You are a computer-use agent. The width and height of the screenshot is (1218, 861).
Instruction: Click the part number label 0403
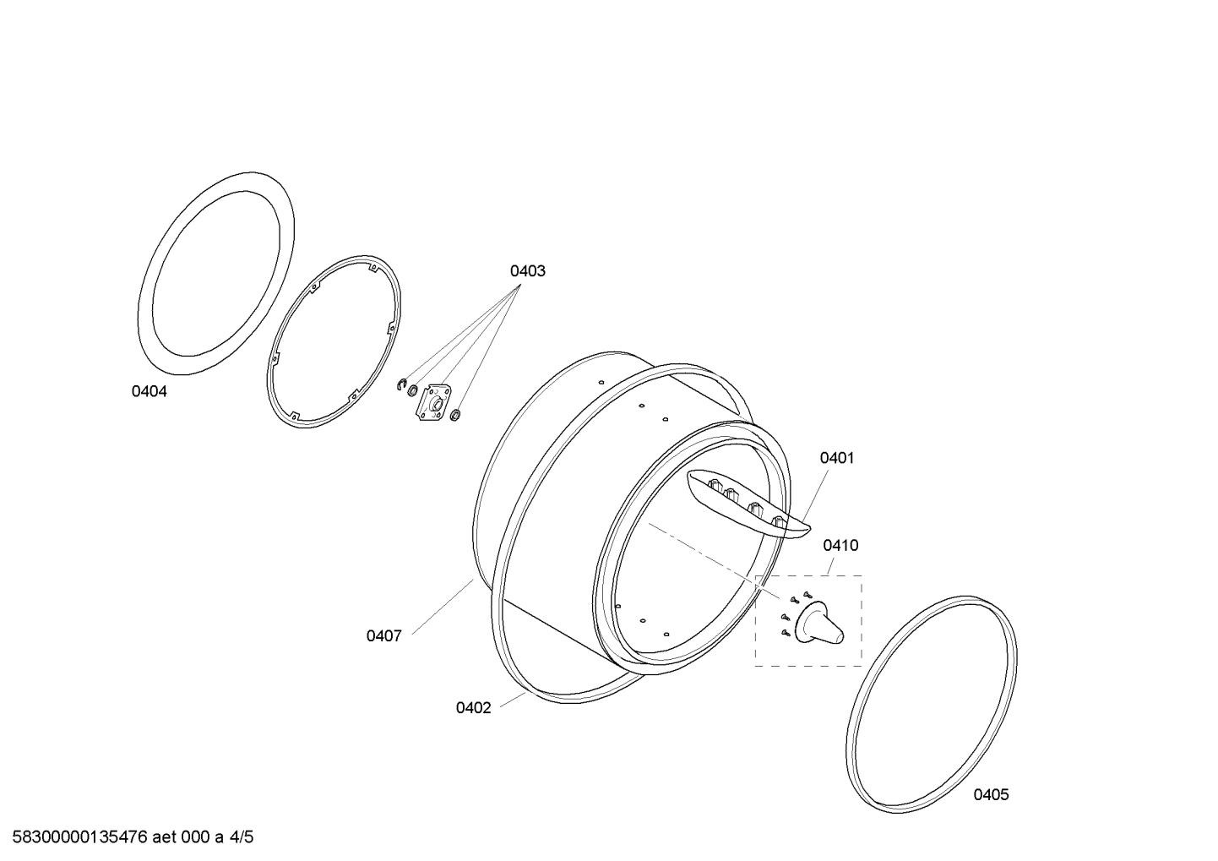pyautogui.click(x=527, y=271)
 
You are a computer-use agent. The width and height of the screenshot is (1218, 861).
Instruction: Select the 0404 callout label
pyautogui.click(x=149, y=391)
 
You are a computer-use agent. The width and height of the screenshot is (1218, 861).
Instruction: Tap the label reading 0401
pyautogui.click(x=837, y=458)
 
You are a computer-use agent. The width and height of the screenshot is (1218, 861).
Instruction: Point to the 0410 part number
pyautogui.click(x=840, y=545)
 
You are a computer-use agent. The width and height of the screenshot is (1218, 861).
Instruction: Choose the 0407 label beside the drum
pyautogui.click(x=383, y=635)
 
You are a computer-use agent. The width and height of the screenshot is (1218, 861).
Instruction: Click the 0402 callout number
pyautogui.click(x=473, y=707)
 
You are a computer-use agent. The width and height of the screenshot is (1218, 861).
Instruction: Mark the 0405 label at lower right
pyautogui.click(x=991, y=794)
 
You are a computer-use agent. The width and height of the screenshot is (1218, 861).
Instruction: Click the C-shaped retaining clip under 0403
pyautogui.click(x=402, y=384)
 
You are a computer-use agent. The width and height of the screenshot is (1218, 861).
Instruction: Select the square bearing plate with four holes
pyautogui.click(x=434, y=402)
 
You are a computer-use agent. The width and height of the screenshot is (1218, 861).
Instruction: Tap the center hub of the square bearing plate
pyautogui.click(x=436, y=404)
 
